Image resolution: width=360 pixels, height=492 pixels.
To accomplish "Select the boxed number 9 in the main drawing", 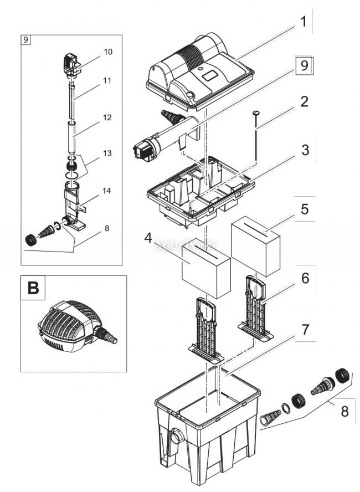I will coord(302,66).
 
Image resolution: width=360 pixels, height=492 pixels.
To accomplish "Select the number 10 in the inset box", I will coord(107,52).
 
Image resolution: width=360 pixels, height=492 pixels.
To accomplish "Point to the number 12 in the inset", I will coord(107,117).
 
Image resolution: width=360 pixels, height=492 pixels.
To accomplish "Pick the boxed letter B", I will coord(33,289).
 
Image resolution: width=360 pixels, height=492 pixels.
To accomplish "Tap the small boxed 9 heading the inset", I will coord(27,39).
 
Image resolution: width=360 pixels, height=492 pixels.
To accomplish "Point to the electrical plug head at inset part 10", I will coord(71,64).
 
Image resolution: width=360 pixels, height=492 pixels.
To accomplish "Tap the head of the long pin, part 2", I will coord(256,112).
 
